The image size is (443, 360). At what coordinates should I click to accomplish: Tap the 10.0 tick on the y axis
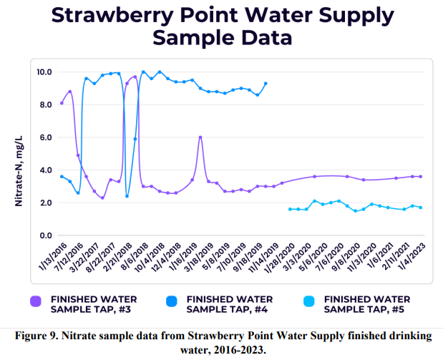click(44, 72)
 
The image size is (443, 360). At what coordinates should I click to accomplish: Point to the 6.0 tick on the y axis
click(45, 137)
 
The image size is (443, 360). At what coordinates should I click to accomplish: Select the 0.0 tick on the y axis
click(45, 235)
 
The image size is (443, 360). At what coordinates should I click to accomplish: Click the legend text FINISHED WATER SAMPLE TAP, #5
click(366, 304)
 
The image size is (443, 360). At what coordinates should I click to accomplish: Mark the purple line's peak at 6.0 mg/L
click(200, 137)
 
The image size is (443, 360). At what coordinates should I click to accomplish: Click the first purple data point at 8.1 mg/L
click(62, 103)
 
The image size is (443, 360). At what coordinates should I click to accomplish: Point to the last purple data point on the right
click(420, 176)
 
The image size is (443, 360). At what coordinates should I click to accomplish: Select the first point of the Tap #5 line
click(289, 209)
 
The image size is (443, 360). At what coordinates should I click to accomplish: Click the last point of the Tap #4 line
click(266, 83)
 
